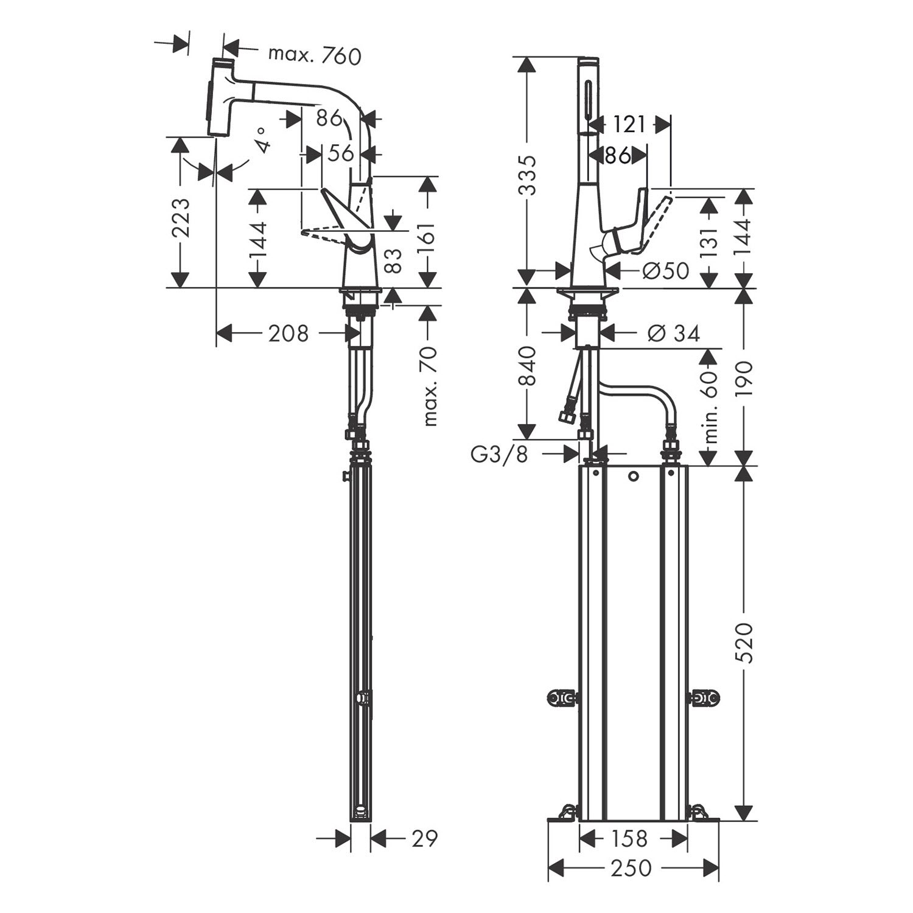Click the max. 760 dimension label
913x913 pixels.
(315, 55)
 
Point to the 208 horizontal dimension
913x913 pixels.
(289, 333)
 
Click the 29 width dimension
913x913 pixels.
(424, 838)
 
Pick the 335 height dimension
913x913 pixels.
(527, 175)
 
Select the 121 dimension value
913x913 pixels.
(629, 125)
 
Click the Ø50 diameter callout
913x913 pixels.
(666, 270)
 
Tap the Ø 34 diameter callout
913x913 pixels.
(674, 333)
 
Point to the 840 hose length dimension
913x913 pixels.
(527, 366)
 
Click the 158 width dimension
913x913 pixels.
(629, 839)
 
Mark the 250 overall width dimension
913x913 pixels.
(629, 868)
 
